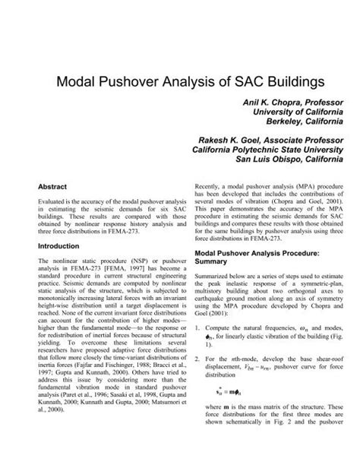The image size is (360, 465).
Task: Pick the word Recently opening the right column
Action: pyautogui.click(x=210, y=185)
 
